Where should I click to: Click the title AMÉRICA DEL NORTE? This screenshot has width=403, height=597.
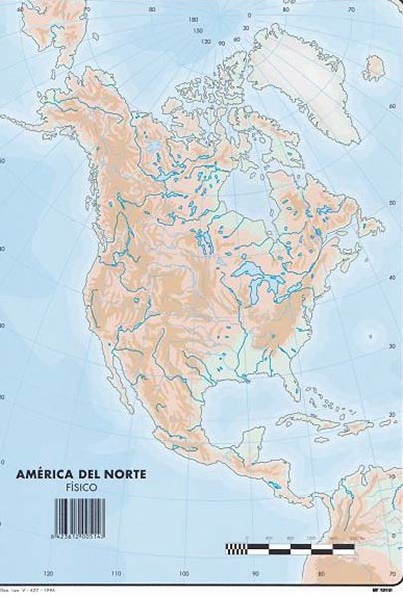pyautogui.click(x=82, y=474)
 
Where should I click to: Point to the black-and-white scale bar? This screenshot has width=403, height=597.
pyautogui.click(x=290, y=547)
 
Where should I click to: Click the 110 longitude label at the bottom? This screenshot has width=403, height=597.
pyautogui.click(x=117, y=574)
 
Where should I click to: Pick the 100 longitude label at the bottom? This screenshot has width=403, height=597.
pyautogui.click(x=185, y=574)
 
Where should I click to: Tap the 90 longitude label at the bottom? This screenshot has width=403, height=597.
pyautogui.click(x=255, y=574)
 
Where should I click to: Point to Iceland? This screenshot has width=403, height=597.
pyautogui.click(x=373, y=68)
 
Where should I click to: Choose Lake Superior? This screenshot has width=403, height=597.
pyautogui.click(x=249, y=270)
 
